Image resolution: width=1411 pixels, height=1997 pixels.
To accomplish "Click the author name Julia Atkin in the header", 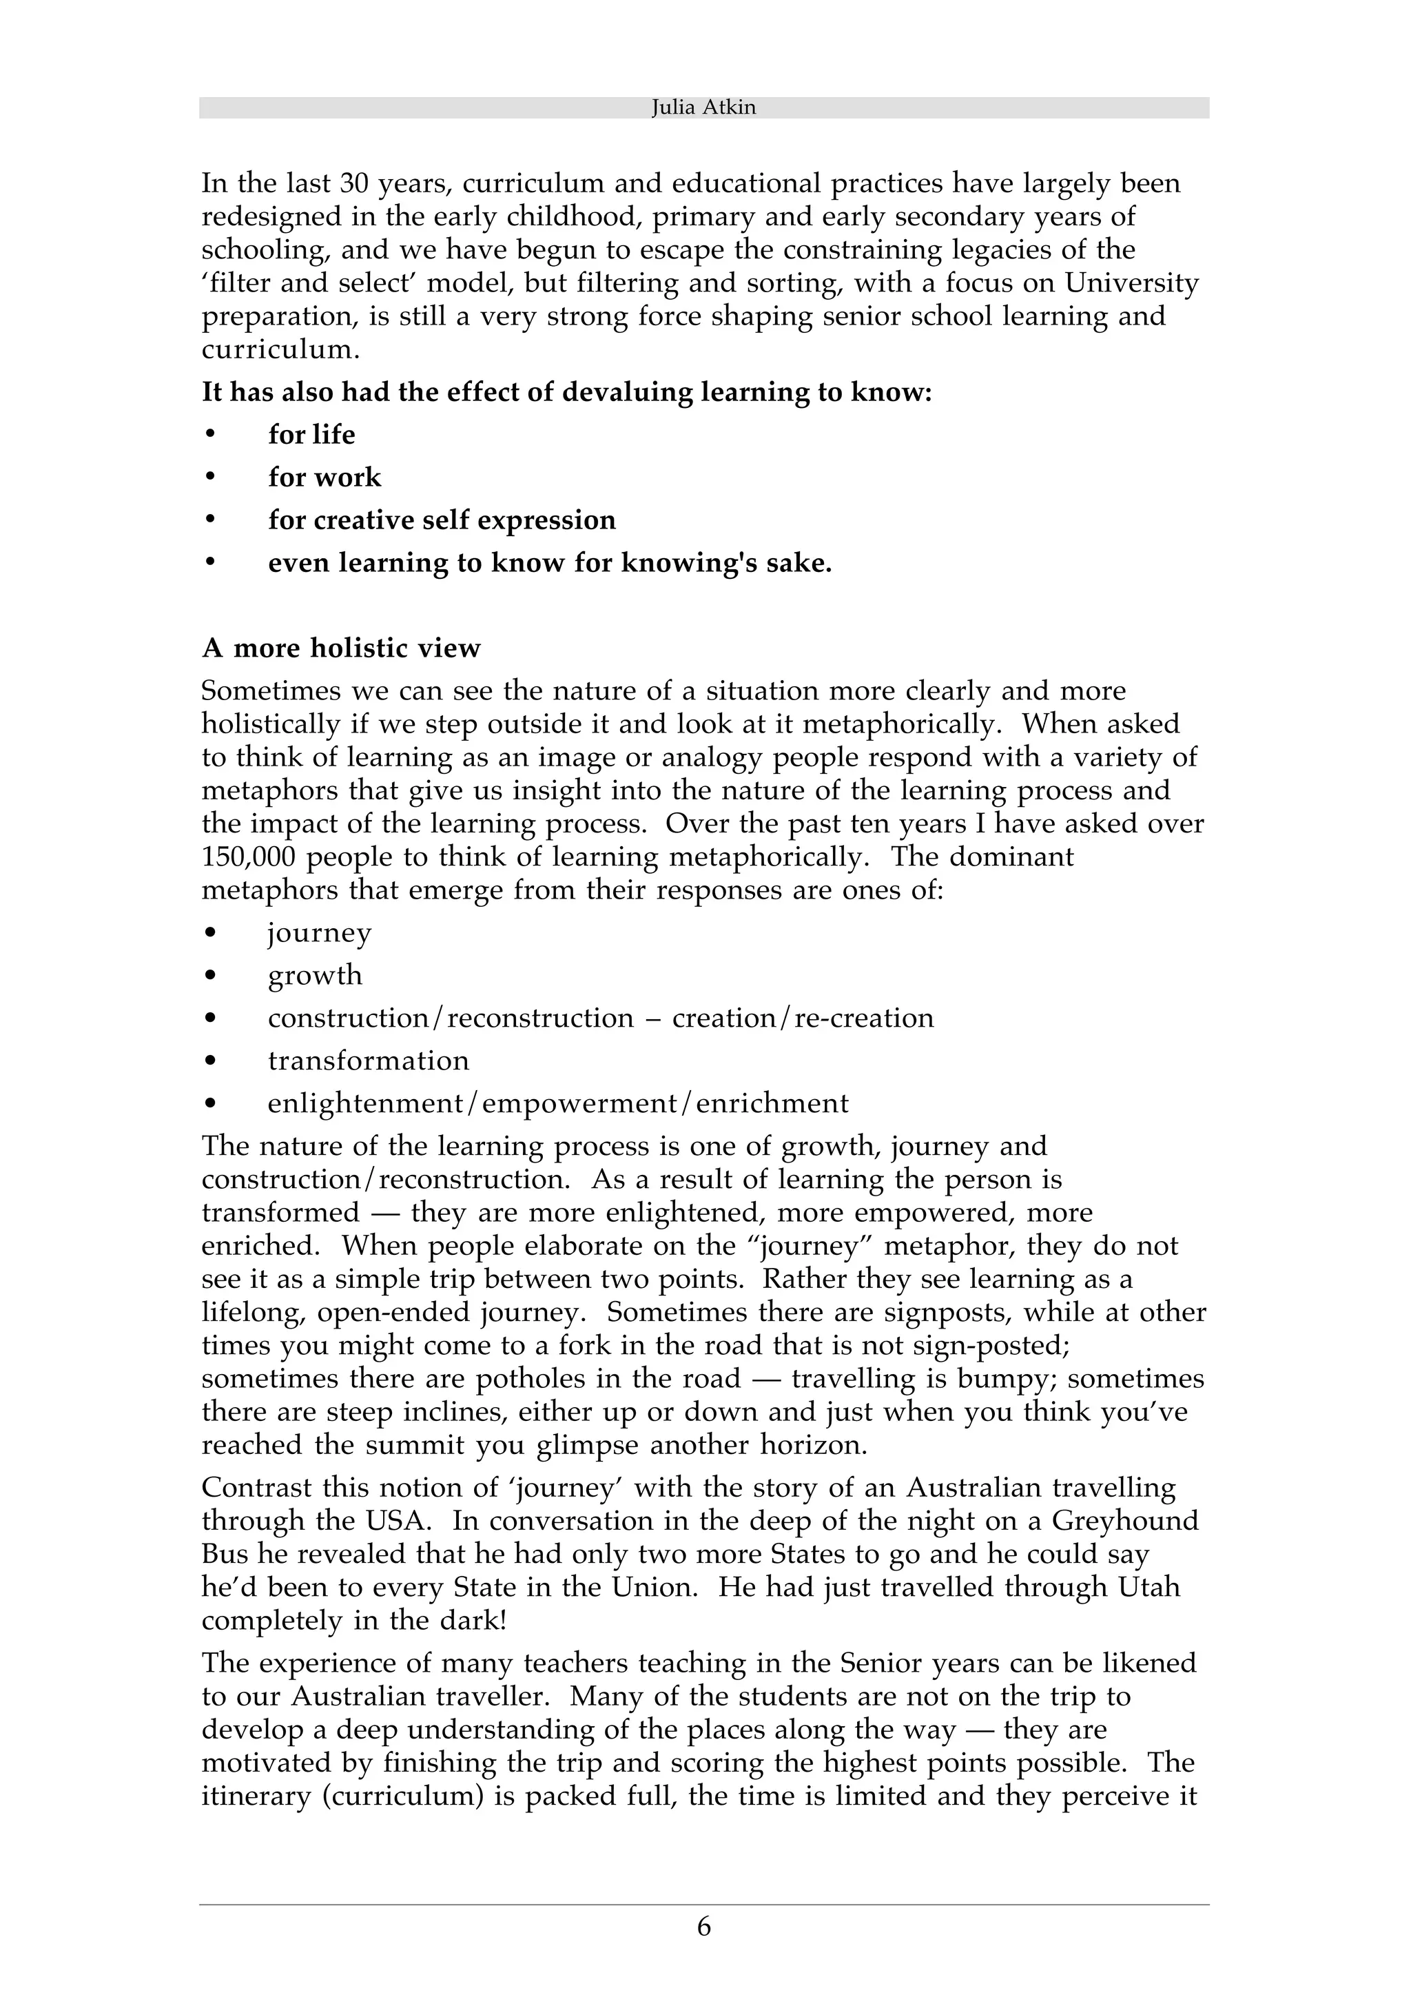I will coord(703,108).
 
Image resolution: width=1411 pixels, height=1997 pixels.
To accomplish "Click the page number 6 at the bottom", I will coord(703,1927).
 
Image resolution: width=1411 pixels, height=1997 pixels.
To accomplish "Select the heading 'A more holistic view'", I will coord(341,648).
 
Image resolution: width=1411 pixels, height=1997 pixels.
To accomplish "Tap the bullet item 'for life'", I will coord(311,434).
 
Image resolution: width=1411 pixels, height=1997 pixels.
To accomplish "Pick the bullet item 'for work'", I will coord(325,477).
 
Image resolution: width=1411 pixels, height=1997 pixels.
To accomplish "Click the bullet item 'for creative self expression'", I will coord(442,520).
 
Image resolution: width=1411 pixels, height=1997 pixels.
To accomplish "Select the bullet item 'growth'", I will coord(315,975).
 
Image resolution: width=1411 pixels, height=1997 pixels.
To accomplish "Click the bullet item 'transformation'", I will coord(368,1061).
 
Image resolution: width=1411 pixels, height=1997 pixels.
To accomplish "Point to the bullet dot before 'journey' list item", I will coord(209,932).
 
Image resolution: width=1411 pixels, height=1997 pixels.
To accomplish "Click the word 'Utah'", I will coord(1149,1588).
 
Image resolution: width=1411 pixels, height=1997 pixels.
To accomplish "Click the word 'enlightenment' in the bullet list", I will coord(365,1104).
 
